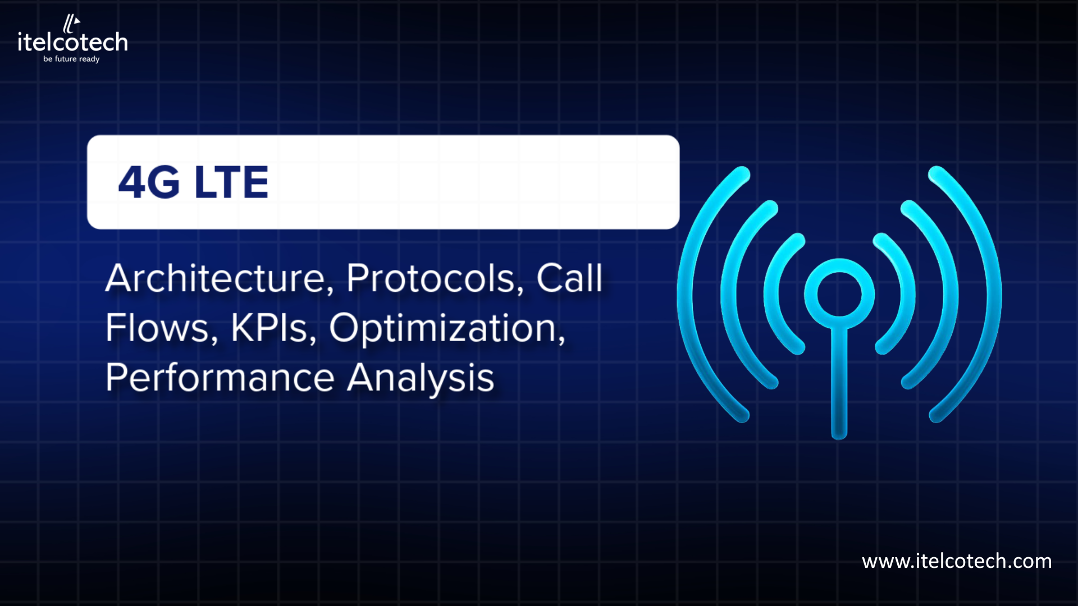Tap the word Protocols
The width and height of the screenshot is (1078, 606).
click(x=431, y=278)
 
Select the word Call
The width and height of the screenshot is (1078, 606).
click(x=569, y=278)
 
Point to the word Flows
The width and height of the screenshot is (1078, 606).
click(x=157, y=328)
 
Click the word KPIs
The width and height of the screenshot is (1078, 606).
click(x=269, y=328)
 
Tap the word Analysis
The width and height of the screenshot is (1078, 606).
click(x=421, y=378)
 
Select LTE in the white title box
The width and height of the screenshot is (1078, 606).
click(x=231, y=182)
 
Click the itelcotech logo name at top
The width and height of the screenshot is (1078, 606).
click(x=73, y=43)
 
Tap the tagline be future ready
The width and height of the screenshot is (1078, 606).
click(x=71, y=59)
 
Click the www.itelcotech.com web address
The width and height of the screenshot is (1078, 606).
click(x=957, y=561)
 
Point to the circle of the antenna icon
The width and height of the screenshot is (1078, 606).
click(x=839, y=294)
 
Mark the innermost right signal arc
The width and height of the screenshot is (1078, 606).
click(x=906, y=294)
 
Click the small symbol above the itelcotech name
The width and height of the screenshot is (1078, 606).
click(x=71, y=24)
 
